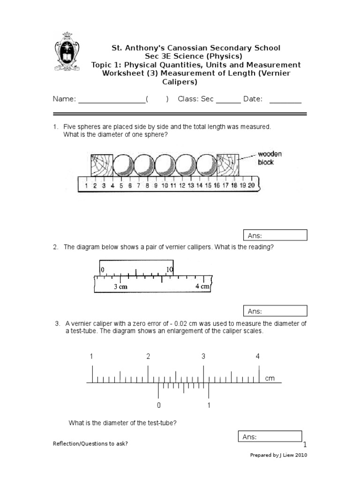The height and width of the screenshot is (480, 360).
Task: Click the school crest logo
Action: point(67,51)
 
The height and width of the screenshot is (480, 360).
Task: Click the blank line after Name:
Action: point(112,101)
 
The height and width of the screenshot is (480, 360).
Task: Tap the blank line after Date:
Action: point(285,101)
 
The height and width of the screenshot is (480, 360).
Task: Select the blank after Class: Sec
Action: point(228,101)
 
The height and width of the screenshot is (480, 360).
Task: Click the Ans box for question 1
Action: point(275,235)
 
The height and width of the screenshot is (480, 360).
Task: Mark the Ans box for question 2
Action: point(275,311)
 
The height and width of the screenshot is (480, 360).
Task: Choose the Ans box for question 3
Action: point(270,437)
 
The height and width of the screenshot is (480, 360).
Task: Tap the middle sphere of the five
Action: point(165,165)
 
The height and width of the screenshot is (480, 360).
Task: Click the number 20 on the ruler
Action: point(251,186)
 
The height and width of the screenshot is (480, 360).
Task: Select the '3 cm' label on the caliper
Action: point(120,286)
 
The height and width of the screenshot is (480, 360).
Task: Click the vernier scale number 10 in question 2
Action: point(169,270)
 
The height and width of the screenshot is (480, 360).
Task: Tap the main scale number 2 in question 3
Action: point(148,356)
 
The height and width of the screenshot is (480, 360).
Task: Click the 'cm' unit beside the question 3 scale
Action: point(270,378)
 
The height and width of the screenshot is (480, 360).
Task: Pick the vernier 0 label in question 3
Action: point(159,405)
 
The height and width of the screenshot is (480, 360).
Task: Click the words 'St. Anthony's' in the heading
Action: point(133,48)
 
